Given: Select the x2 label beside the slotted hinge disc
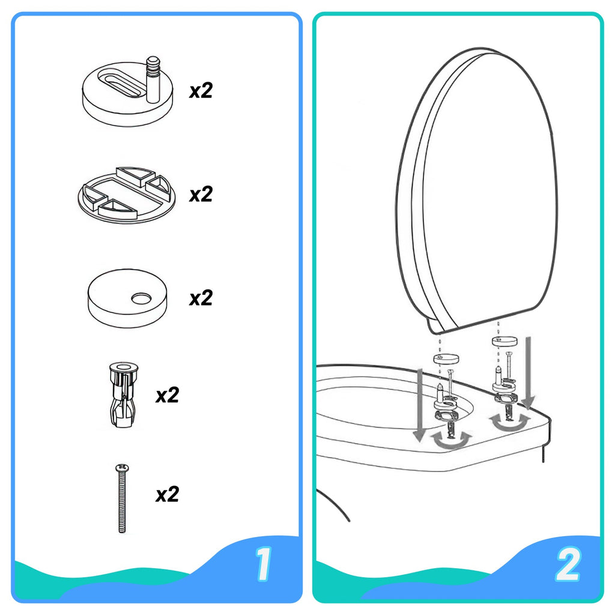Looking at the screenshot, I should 201,91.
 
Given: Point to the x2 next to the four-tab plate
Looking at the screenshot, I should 201,195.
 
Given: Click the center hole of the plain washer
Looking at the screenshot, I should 142,297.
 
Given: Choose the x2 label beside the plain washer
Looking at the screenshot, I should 201,298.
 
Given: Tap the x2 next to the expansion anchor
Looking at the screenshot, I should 168,395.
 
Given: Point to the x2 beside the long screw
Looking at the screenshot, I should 168,494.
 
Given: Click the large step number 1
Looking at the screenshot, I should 262,565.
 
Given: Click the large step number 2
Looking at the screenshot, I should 568,565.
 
